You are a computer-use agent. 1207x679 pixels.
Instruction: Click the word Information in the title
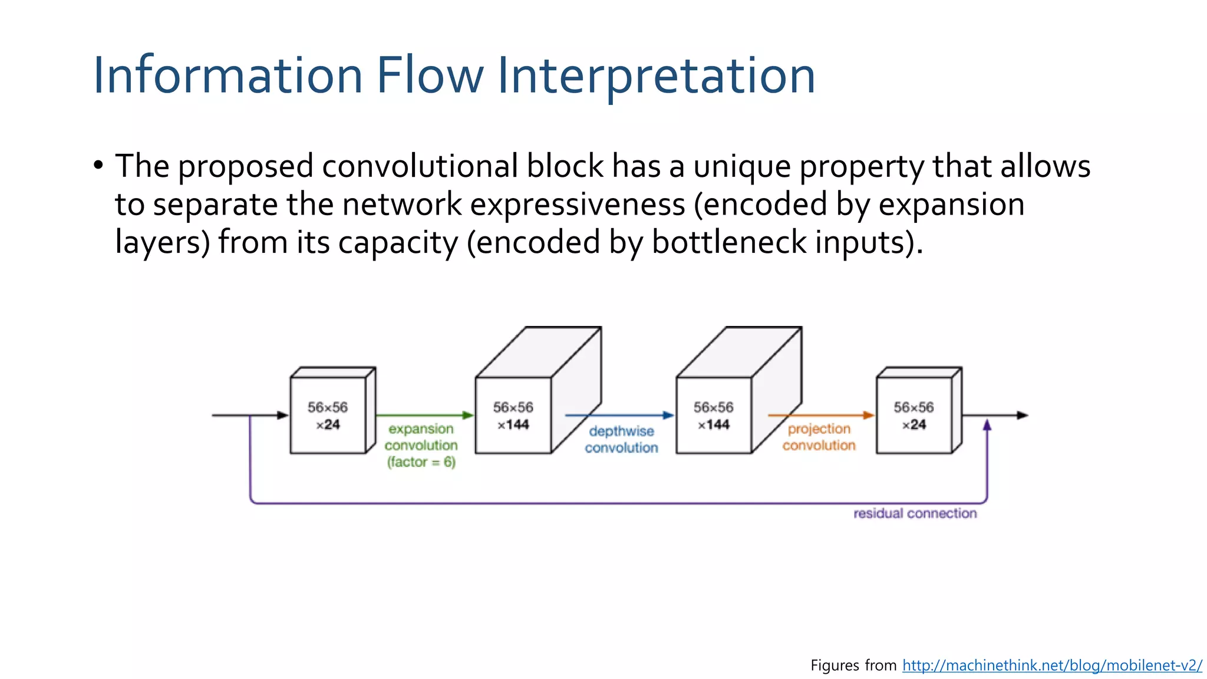227,75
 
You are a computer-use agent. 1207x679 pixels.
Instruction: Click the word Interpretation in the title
656,75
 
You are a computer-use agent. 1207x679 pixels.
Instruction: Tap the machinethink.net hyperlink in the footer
1051,665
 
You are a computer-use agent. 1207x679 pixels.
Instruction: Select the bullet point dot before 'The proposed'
98,165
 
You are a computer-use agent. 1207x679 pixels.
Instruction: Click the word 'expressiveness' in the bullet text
577,205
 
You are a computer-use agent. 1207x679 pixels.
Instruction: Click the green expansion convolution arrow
424,416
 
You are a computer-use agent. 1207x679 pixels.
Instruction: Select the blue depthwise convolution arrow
619,416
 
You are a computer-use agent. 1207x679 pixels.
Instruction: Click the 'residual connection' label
915,513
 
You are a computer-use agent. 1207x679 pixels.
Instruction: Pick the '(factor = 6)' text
421,462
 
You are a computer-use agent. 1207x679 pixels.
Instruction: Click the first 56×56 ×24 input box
328,416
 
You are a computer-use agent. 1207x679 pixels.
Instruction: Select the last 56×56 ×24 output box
914,416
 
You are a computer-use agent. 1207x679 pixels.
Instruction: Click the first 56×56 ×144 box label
513,416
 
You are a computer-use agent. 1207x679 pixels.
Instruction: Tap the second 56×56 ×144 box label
713,416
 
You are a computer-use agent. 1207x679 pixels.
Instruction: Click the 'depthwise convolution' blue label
621,440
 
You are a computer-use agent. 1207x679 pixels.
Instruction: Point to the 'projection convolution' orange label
819,437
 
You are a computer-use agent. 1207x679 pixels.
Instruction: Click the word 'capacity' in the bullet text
398,242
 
